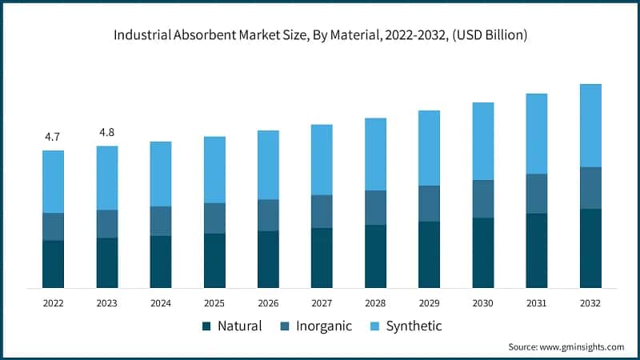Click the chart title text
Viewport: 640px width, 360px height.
pyautogui.click(x=320, y=36)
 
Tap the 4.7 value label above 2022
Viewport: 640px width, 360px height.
pyautogui.click(x=53, y=137)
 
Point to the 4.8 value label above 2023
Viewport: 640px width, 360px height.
pyautogui.click(x=106, y=132)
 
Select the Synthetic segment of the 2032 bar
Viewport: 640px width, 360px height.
pyautogui.click(x=590, y=126)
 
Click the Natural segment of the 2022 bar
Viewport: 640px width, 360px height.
pyautogui.click(x=53, y=264)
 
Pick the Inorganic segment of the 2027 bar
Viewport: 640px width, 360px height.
pyautogui.click(x=322, y=211)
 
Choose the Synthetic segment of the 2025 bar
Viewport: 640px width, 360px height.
pyautogui.click(x=214, y=170)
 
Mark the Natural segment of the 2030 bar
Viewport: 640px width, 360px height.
pyautogui.click(x=482, y=253)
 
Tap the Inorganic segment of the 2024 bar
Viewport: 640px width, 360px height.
pyautogui.click(x=160, y=221)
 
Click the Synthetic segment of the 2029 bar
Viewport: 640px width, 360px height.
pyautogui.click(x=429, y=148)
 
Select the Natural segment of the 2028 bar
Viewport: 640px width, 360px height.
pyautogui.click(x=375, y=256)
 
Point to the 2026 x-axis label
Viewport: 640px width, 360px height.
pyautogui.click(x=268, y=304)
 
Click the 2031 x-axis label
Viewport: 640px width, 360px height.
pyautogui.click(x=537, y=304)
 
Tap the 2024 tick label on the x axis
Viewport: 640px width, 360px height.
pyautogui.click(x=160, y=304)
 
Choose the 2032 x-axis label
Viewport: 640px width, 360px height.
pyautogui.click(x=590, y=304)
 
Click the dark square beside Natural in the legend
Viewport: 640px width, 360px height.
pyautogui.click(x=206, y=326)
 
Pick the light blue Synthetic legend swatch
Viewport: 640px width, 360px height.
pyautogui.click(x=373, y=326)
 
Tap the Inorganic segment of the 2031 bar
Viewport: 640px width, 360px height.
pyautogui.click(x=537, y=194)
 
